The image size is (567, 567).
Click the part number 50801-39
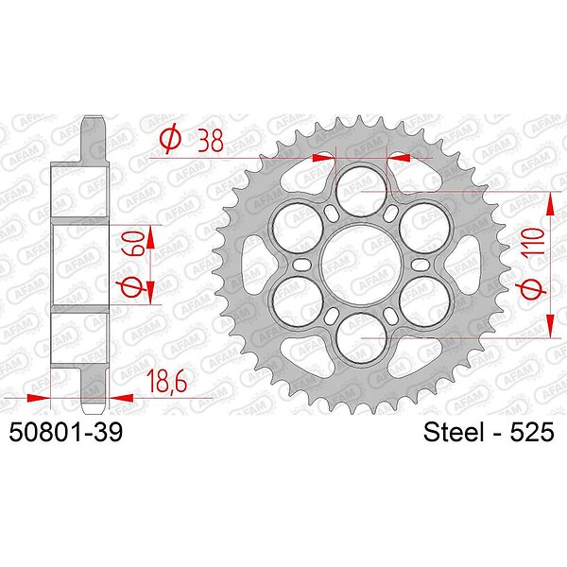pos(66,432)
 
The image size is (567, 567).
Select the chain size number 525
pos(532,432)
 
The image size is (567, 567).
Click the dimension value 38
pos(210,140)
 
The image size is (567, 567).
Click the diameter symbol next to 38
pos(169,140)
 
